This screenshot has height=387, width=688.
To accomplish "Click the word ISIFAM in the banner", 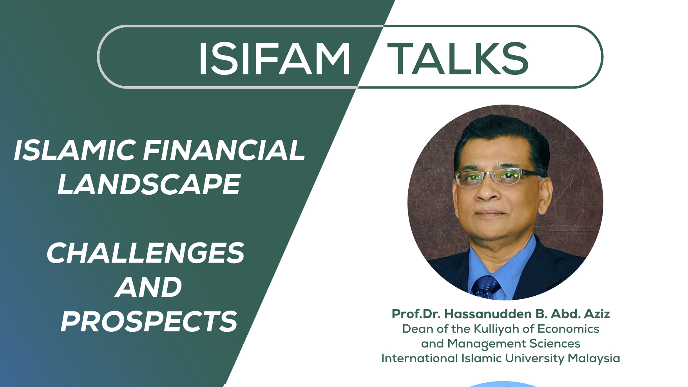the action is (x=274, y=58).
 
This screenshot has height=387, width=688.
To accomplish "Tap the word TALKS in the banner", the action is (x=458, y=58).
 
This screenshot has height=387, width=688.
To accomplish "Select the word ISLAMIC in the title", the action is (x=75, y=150).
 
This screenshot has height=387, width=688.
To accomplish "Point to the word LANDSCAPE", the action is (x=149, y=184).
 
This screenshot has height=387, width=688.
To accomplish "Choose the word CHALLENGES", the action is (x=145, y=253).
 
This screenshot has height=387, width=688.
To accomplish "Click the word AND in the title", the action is (x=148, y=287).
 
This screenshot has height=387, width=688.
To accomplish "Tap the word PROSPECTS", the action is (x=149, y=322).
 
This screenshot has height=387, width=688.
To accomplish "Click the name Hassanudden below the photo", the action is (x=488, y=314).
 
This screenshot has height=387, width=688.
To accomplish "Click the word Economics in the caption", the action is (x=569, y=329).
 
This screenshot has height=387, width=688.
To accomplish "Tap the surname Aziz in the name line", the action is (x=597, y=314).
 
